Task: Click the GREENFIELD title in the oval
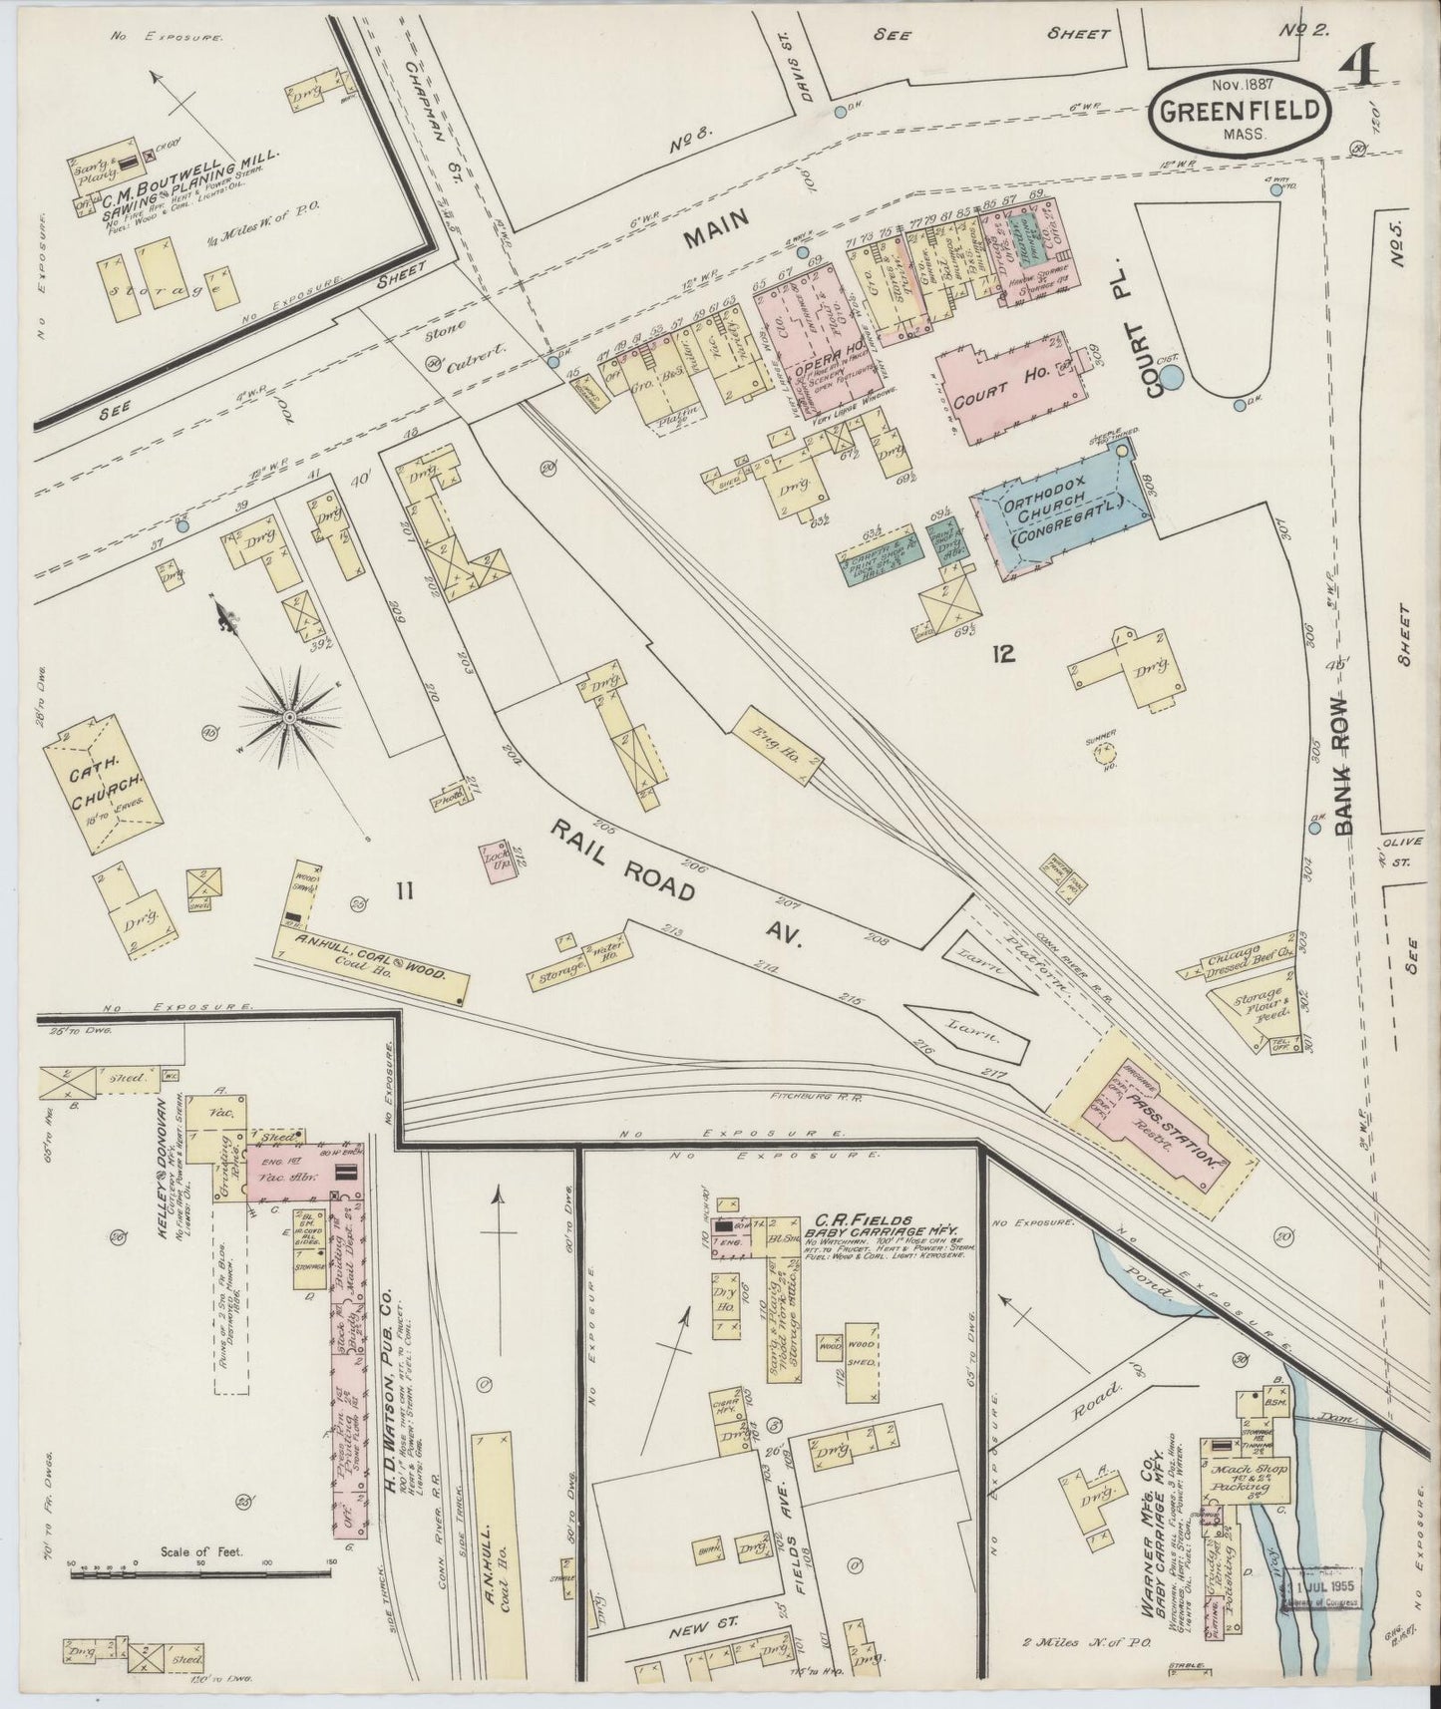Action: (1242, 110)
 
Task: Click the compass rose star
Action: (289, 716)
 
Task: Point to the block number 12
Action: (1003, 654)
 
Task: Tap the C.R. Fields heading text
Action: (866, 1218)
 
